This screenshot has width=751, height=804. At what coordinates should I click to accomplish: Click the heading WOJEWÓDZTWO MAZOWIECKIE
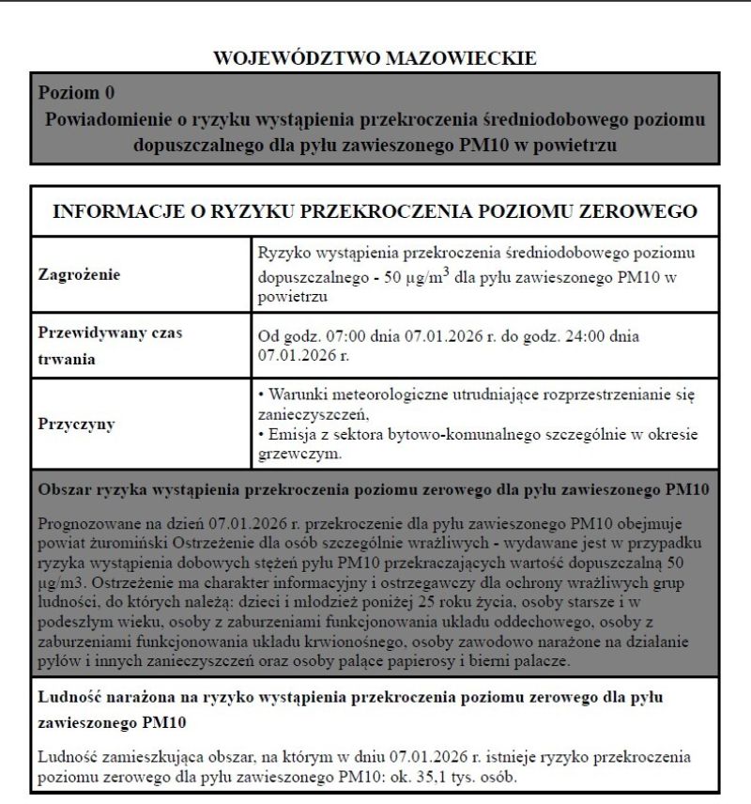coord(375,58)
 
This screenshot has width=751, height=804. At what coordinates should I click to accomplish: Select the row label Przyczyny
coord(76,425)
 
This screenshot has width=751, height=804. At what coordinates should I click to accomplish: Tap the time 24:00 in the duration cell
coord(601,338)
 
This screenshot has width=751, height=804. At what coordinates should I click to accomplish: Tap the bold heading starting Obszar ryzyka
coord(373,490)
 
